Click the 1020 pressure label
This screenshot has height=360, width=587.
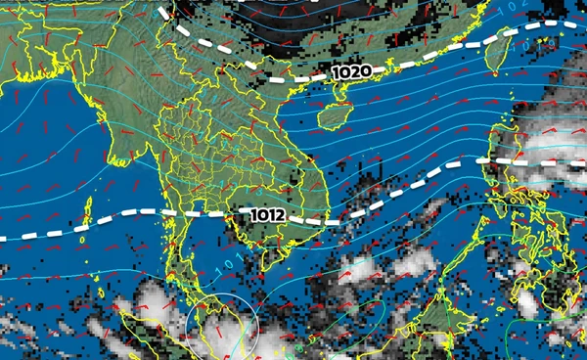[x=351, y=72]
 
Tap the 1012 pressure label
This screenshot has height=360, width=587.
[x=268, y=215]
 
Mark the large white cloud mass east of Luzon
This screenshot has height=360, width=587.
[x=548, y=147]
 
